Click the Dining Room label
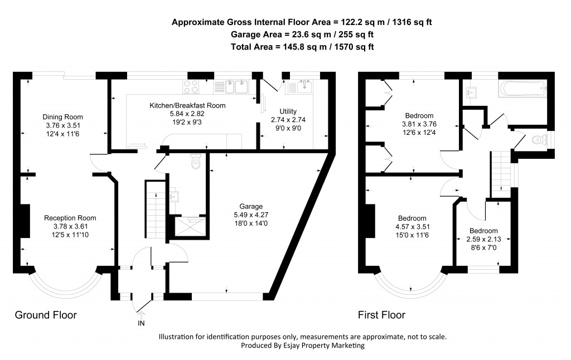pyautogui.click(x=63, y=117)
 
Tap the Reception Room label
pyautogui.click(x=70, y=218)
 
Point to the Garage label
pyautogui.click(x=249, y=206)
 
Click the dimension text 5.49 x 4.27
pyautogui.click(x=249, y=215)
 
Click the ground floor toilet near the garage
pyautogui.click(x=195, y=162)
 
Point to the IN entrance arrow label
pyautogui.click(x=140, y=323)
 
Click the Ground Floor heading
pyautogui.click(x=46, y=315)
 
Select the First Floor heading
pyautogui.click(x=381, y=315)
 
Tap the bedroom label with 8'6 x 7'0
pyautogui.click(x=483, y=231)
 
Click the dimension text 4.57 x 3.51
pyautogui.click(x=412, y=227)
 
